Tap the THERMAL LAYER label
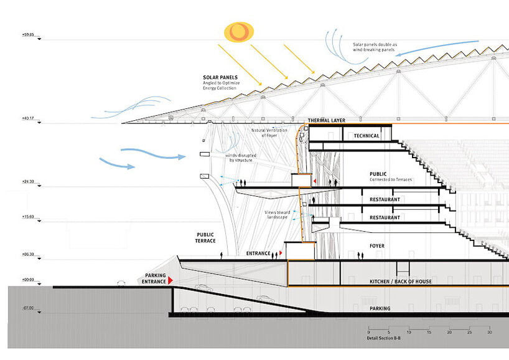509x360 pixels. coord(326,120)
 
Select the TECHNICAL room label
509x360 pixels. coord(366,135)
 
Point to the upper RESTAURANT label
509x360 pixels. coord(384,200)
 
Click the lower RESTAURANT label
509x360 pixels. coord(384,217)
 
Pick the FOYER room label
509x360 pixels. coord(377,246)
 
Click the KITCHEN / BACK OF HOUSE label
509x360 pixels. coord(401,282)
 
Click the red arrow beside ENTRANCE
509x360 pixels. coord(281,253)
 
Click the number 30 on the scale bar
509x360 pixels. coord(490,333)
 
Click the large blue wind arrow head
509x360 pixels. coord(131,166)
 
